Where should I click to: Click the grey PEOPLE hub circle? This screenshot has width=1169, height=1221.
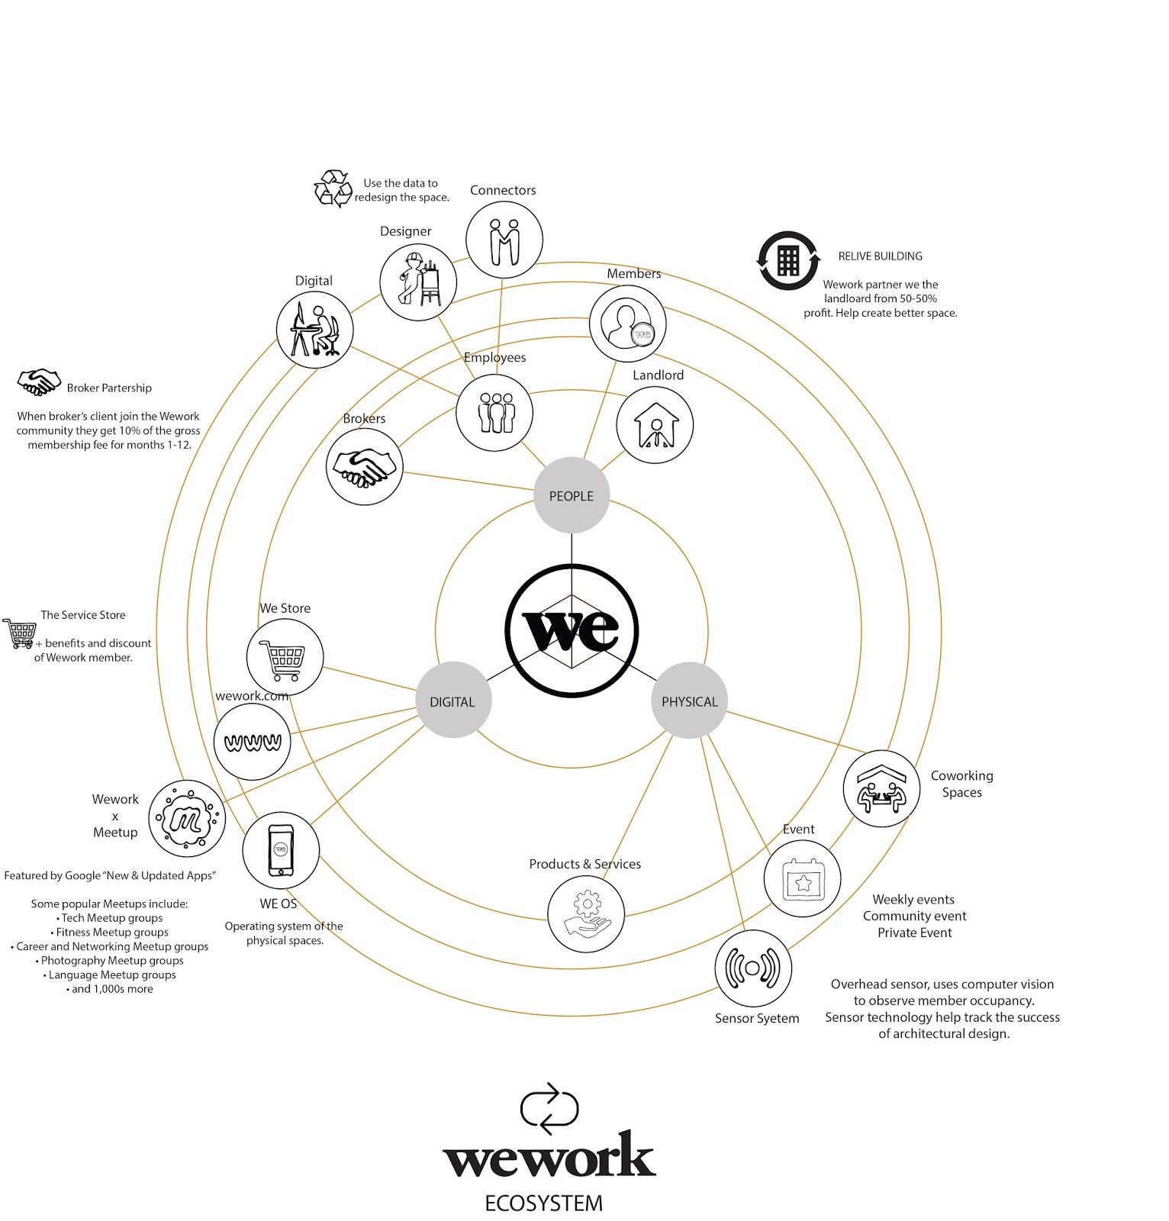[x=571, y=495]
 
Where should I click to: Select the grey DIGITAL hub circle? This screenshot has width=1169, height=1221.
[x=452, y=701]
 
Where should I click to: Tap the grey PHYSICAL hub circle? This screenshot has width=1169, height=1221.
[x=689, y=701]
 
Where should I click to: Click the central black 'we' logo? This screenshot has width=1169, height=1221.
[x=572, y=630]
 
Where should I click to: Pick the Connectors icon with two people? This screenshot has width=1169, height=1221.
[x=504, y=240]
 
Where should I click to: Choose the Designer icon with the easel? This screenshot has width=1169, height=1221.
[x=418, y=282]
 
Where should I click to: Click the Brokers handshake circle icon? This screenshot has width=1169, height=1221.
[x=364, y=466]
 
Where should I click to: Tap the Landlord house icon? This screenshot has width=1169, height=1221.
[x=655, y=425]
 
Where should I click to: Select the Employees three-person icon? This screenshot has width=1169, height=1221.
[x=494, y=412]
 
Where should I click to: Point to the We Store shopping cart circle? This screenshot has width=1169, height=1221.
[x=285, y=657]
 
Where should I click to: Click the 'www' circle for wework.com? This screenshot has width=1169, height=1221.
[x=253, y=742]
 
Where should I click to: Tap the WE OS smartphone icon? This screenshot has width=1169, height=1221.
[x=281, y=850]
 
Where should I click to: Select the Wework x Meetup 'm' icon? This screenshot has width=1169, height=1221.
[x=187, y=819]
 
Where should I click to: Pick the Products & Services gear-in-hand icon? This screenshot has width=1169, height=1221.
[x=586, y=913]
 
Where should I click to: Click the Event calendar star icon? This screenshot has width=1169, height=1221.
[x=802, y=879]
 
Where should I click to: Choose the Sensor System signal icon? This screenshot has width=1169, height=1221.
[x=753, y=968]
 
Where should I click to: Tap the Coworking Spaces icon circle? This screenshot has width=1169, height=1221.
[x=881, y=788]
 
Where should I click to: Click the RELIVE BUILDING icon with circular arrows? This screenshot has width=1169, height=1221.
[x=788, y=261]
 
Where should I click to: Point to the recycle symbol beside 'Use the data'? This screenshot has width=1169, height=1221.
[x=333, y=188]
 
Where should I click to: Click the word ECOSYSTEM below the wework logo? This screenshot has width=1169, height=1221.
[x=543, y=1203]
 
